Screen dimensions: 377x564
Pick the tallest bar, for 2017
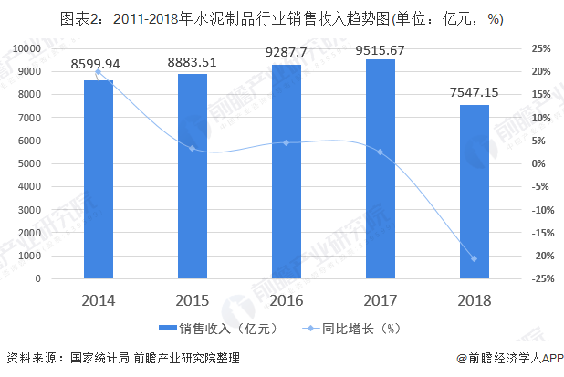[380, 169]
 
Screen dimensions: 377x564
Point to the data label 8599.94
[98, 64]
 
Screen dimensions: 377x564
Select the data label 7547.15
[474, 91]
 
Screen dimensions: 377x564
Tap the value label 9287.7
[286, 50]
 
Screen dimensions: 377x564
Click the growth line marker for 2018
[474, 258]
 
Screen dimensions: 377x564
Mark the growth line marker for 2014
[98, 71]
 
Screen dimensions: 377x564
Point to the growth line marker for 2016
[286, 142]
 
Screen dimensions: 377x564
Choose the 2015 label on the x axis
[192, 300]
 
